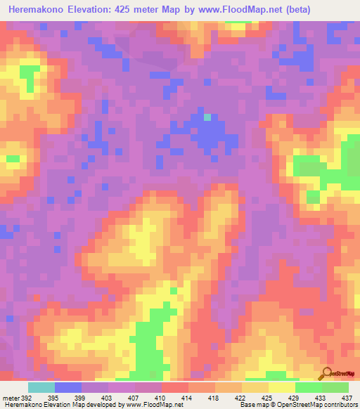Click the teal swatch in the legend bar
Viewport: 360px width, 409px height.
click(x=41, y=387)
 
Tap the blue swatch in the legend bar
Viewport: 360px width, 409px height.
click(x=68, y=387)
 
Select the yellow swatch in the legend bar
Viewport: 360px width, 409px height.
click(x=282, y=387)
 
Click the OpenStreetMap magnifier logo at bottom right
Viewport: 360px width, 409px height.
click(x=326, y=375)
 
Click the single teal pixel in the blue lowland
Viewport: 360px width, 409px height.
click(x=207, y=117)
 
